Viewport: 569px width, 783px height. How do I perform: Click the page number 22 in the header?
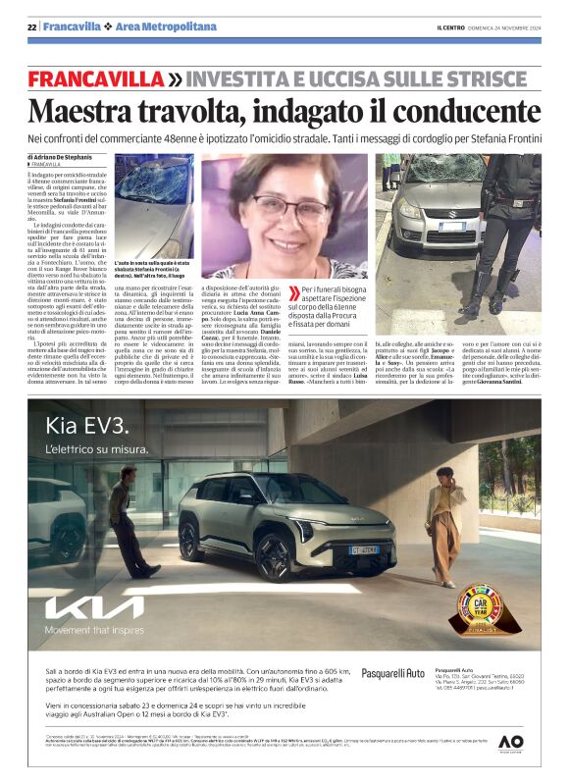pos(32,26)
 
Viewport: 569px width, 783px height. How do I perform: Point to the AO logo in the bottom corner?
pos(510,743)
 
